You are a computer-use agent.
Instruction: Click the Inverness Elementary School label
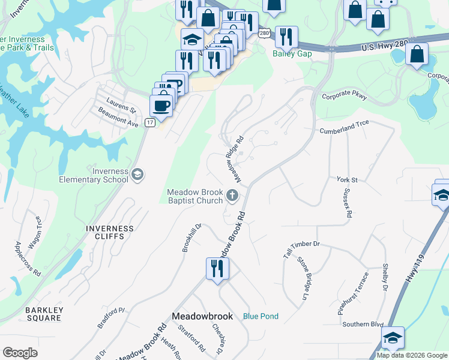point(94,175)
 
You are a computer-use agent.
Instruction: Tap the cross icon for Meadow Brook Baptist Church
point(233,195)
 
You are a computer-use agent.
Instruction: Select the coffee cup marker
point(161,106)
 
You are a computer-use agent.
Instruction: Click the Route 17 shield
point(149,122)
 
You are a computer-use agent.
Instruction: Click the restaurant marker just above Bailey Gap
point(287,37)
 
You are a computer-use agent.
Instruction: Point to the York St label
point(347,179)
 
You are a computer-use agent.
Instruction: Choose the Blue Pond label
point(261,316)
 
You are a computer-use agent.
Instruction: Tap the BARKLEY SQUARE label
point(43,314)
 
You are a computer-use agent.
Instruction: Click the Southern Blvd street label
point(363,325)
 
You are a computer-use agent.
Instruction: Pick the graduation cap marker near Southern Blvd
point(393,338)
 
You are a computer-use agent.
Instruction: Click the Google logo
point(20,353)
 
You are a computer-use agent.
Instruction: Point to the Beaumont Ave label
point(119,122)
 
